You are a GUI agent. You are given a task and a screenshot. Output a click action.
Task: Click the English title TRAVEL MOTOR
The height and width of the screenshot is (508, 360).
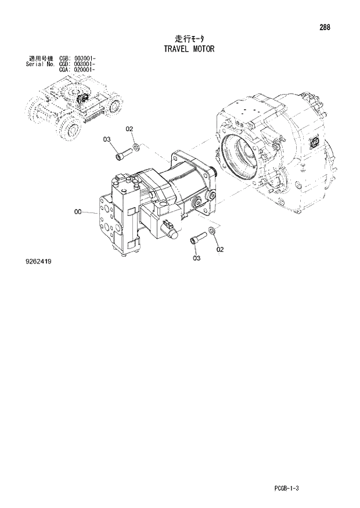(x=186, y=49)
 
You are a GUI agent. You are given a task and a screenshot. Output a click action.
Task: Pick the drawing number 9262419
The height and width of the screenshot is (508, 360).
(x=38, y=262)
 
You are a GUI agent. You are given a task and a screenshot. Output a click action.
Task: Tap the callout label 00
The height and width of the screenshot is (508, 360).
(x=78, y=213)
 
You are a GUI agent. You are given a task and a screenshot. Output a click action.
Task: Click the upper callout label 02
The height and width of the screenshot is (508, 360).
(x=129, y=128)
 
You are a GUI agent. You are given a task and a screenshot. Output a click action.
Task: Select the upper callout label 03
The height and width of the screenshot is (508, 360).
(x=107, y=139)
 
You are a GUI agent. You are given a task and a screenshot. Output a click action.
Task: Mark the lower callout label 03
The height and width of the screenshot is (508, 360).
(x=196, y=257)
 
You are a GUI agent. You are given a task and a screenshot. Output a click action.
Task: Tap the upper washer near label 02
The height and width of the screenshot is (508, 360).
(x=136, y=146)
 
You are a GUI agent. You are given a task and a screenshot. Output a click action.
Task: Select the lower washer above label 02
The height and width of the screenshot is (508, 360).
(x=212, y=233)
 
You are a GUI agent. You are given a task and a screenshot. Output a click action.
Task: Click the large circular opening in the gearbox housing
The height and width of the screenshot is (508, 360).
(x=243, y=157)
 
